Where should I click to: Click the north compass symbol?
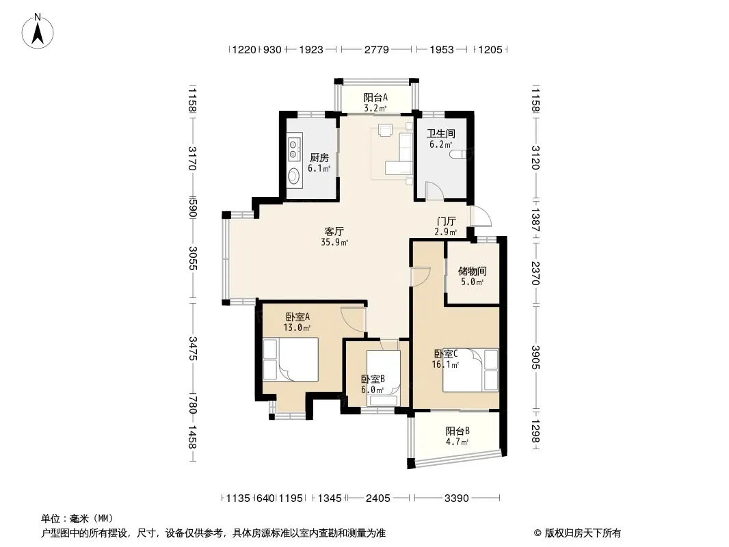tap(38, 31)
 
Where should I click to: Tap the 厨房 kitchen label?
tap(319, 157)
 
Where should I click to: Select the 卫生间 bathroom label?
tap(440, 134)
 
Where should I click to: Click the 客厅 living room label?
tap(334, 231)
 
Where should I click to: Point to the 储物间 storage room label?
tap(473, 271)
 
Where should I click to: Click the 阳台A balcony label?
tap(375, 97)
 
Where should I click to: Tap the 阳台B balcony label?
tap(458, 431)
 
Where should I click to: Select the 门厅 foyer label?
tap(446, 221)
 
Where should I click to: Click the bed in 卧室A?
tap(291, 360)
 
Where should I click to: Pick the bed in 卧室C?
tap(470, 370)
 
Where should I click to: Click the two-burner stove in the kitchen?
tap(294, 148)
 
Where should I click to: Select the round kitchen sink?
tap(294, 176)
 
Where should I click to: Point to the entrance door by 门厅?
tap(481, 216)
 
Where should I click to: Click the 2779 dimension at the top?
tap(377, 49)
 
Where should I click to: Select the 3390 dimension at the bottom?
tap(457, 498)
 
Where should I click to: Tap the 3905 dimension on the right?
tap(535, 358)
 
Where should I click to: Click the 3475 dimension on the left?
tap(193, 349)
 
